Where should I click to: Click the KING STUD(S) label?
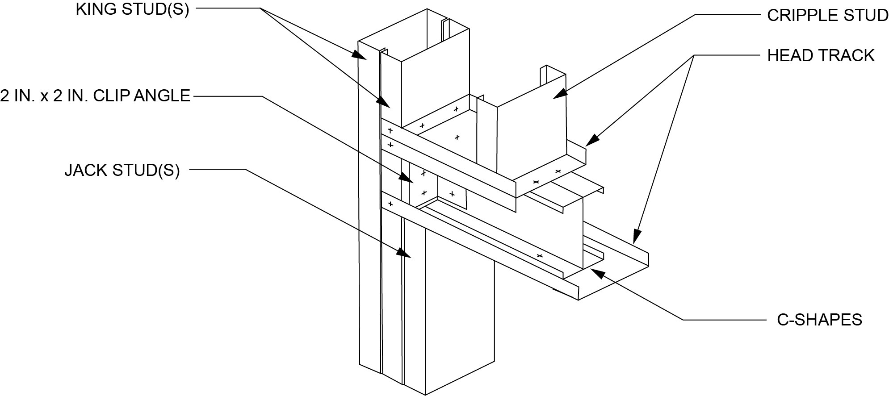point(132,9)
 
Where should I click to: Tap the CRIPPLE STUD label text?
point(827,16)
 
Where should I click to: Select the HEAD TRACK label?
point(821,55)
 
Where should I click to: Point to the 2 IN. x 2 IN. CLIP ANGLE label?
point(95,96)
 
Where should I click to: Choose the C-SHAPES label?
point(819,320)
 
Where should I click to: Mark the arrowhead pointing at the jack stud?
point(406,254)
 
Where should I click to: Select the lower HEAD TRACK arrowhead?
point(637,237)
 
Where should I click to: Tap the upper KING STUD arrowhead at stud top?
point(361,55)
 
